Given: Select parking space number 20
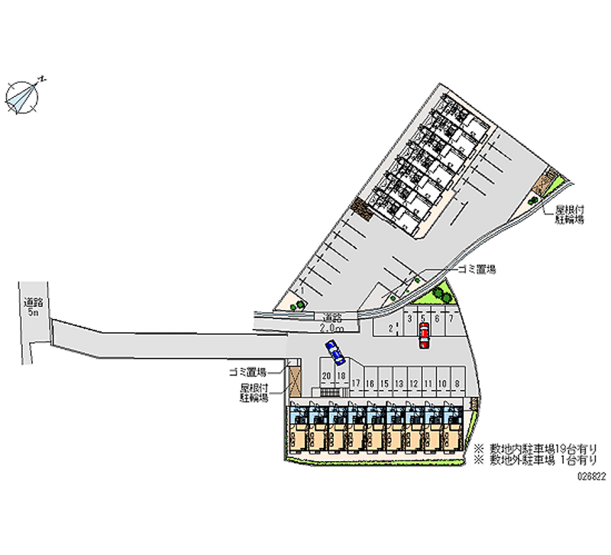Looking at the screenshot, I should pos(326,376).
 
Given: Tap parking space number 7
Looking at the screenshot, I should pos(451,318).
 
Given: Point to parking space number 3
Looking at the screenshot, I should pos(410,318).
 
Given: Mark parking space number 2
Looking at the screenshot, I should pos(391,328).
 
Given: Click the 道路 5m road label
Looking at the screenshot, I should pos(32,307).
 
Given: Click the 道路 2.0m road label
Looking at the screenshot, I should pos(331,322).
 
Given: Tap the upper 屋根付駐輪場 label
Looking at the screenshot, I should pos(569,214).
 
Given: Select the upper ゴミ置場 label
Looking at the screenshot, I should pos(477,269).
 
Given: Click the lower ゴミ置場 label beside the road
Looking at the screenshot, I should pos(247,372).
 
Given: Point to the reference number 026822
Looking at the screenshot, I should pos(593,474).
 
